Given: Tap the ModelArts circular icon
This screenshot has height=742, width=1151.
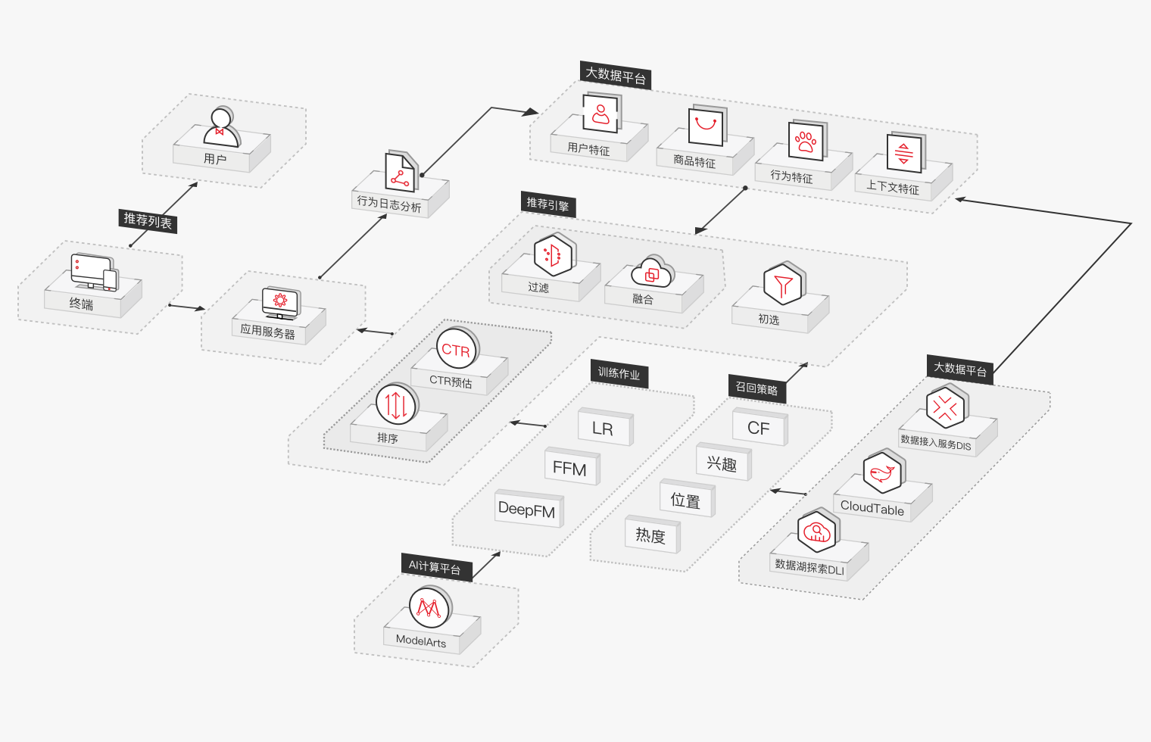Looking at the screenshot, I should pyautogui.click(x=429, y=607).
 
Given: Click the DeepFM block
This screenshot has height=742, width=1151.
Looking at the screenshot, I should pyautogui.click(x=527, y=510).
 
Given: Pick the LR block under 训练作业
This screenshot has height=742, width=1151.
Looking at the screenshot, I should pyautogui.click(x=604, y=429).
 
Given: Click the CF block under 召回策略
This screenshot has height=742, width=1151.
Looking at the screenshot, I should pyautogui.click(x=759, y=428).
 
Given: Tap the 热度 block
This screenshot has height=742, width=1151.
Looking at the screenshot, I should pyautogui.click(x=650, y=535).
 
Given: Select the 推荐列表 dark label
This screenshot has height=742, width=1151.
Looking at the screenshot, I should pyautogui.click(x=148, y=220).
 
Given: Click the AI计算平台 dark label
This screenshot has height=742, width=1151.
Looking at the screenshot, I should pyautogui.click(x=435, y=566).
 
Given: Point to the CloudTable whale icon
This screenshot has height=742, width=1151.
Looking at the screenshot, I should pyautogui.click(x=883, y=472).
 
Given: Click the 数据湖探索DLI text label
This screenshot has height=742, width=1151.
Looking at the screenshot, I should pyautogui.click(x=809, y=567).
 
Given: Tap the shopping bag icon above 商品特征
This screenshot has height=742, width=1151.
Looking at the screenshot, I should pyautogui.click(x=706, y=125).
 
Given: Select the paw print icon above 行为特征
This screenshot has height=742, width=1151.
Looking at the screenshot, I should pyautogui.click(x=806, y=141).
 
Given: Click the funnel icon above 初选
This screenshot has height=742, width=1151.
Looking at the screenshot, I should pyautogui.click(x=784, y=285).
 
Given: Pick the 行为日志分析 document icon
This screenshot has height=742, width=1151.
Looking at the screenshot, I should pyautogui.click(x=400, y=173).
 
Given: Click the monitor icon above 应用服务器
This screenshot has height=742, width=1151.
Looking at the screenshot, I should pyautogui.click(x=280, y=302).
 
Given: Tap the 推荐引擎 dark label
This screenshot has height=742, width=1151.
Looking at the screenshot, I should pyautogui.click(x=547, y=204).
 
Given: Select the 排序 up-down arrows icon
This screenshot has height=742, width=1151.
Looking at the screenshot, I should pyautogui.click(x=396, y=404).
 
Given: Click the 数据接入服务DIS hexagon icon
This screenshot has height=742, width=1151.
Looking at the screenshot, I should pyautogui.click(x=946, y=407).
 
